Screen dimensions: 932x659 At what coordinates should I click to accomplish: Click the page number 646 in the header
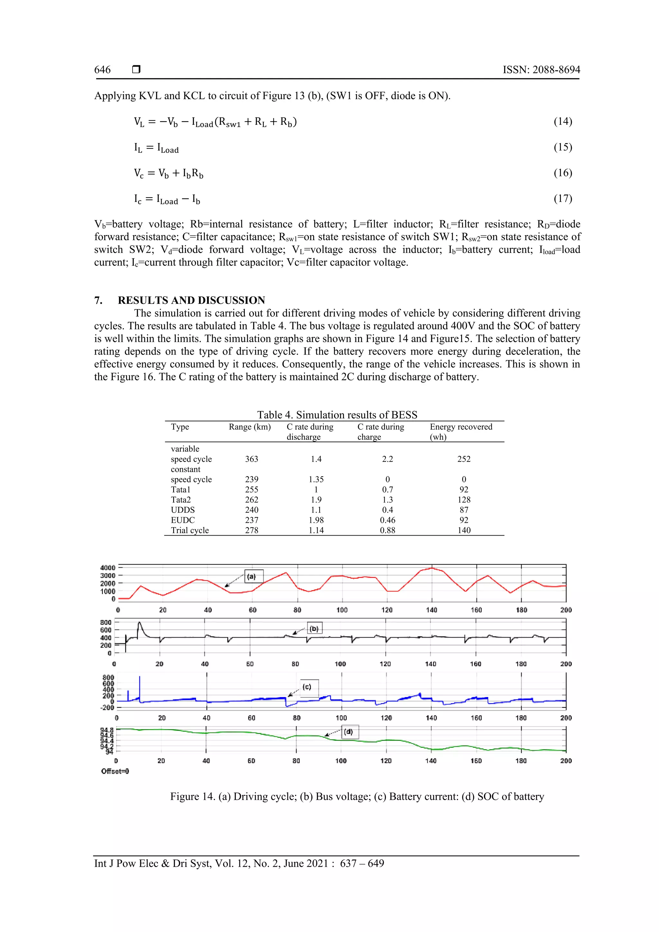tap(102, 70)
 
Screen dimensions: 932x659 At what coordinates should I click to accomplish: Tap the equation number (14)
tap(563, 121)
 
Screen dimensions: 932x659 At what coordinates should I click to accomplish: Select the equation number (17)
tap(563, 199)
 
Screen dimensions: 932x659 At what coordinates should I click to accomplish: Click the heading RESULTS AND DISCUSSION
tap(191, 300)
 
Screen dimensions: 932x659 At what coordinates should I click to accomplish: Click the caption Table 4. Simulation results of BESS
tap(337, 415)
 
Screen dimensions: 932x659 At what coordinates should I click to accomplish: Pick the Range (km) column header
tap(250, 427)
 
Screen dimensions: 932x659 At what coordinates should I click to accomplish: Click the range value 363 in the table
tap(252, 459)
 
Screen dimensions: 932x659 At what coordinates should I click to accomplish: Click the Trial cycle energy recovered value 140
tap(464, 530)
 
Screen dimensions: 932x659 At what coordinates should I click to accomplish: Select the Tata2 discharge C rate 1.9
tap(316, 500)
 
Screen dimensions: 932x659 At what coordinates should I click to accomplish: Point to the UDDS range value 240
tap(252, 510)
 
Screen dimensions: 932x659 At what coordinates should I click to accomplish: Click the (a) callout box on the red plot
tap(254, 576)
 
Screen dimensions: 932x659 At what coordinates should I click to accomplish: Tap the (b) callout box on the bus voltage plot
tap(314, 629)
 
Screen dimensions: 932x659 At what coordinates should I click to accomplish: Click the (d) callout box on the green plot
tap(349, 732)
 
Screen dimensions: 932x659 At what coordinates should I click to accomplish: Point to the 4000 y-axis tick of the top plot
tap(108, 567)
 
